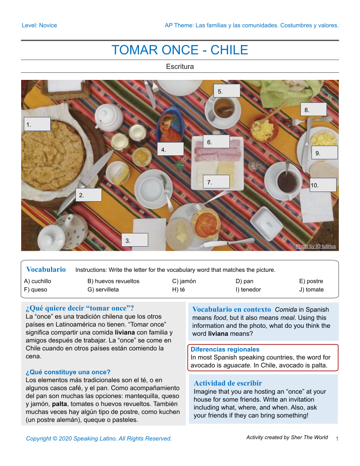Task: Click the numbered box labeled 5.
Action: [227, 91]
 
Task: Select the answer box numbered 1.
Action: [37, 124]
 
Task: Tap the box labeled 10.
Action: [323, 185]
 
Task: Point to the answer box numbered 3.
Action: [135, 240]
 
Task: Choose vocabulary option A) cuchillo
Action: [38, 281]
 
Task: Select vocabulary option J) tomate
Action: [311, 289]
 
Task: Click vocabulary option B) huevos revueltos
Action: [113, 281]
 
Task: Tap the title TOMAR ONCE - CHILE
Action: [180, 50]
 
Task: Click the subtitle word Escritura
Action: [180, 67]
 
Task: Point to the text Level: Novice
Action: [39, 25]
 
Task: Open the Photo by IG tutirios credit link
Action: [315, 246]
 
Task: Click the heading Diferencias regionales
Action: [225, 349]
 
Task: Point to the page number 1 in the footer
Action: [337, 439]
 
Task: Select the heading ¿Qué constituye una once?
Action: [68, 372]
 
